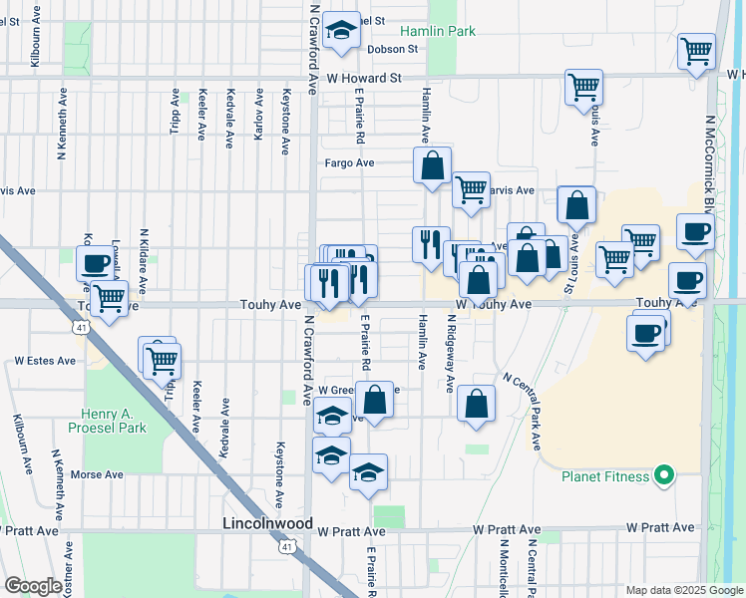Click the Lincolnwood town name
click(266, 523)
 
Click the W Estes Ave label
click(44, 361)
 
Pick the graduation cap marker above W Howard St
click(341, 32)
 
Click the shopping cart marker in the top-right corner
click(696, 52)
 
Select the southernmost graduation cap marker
click(368, 471)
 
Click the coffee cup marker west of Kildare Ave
click(96, 263)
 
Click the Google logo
click(33, 586)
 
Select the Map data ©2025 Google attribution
click(683, 590)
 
